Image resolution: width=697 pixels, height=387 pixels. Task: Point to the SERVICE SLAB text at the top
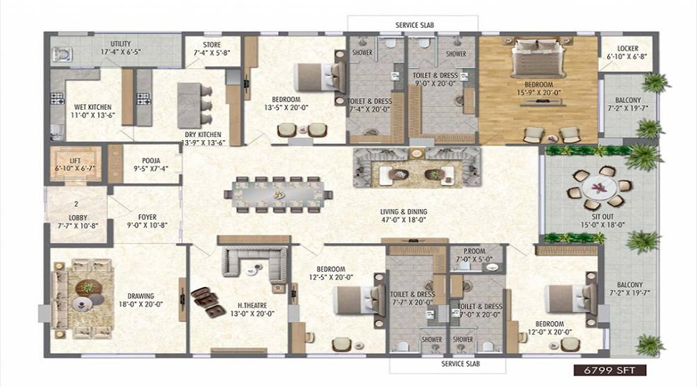tap(415, 25)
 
